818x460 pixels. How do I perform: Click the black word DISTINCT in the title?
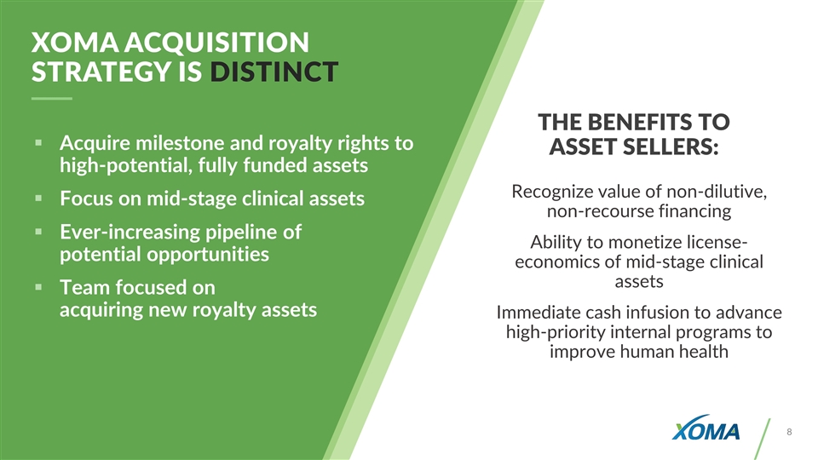coord(274,72)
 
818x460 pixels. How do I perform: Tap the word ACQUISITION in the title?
coord(216,43)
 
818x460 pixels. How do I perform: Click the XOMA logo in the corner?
coord(706,428)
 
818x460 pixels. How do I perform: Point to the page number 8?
coord(789,432)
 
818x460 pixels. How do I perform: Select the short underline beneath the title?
coord(52,98)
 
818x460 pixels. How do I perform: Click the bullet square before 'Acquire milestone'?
coord(38,142)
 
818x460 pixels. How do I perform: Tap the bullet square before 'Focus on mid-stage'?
coord(38,198)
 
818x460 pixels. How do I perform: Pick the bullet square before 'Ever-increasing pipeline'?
coord(38,231)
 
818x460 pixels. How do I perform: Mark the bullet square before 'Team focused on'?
coord(38,286)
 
